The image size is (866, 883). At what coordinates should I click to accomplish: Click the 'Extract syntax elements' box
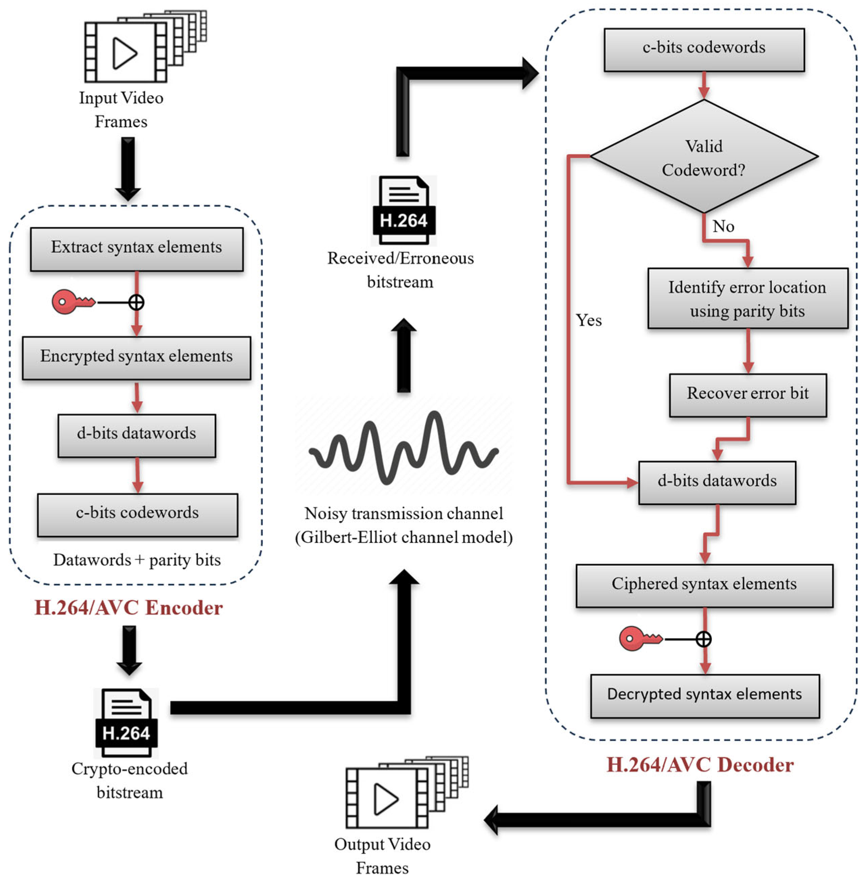pyautogui.click(x=137, y=249)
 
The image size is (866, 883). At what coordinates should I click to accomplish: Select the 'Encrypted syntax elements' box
pyautogui.click(x=137, y=358)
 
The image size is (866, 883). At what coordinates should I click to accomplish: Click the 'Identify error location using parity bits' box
pyautogui.click(x=748, y=298)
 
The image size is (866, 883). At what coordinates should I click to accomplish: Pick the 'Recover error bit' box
pyautogui.click(x=748, y=395)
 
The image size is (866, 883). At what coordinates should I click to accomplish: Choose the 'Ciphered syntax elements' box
pyautogui.click(x=704, y=585)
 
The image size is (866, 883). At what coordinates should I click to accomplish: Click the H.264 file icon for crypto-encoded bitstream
pyautogui.click(x=126, y=723)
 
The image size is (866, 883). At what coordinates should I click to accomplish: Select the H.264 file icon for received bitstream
pyautogui.click(x=404, y=210)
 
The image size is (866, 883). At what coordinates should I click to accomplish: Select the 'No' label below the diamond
pyautogui.click(x=723, y=226)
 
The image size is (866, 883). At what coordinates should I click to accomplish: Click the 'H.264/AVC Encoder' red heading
pyautogui.click(x=129, y=608)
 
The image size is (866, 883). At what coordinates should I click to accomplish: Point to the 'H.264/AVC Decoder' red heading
pyautogui.click(x=700, y=765)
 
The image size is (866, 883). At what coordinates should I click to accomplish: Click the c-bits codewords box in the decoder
pyautogui.click(x=704, y=50)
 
